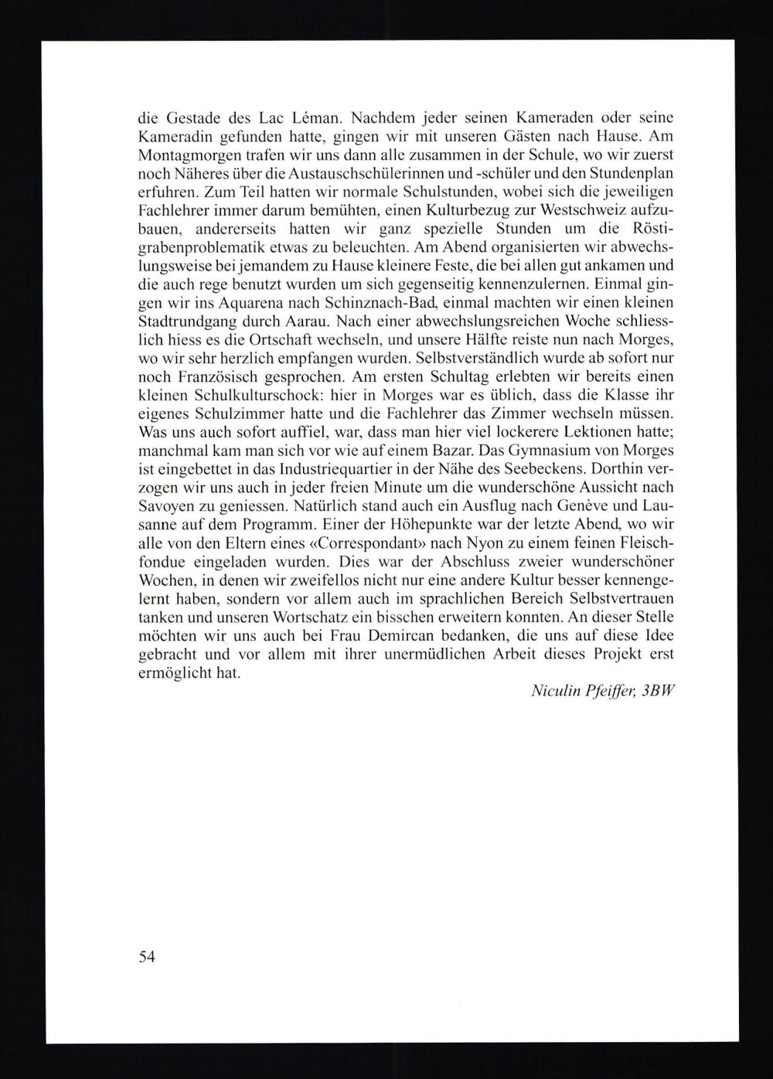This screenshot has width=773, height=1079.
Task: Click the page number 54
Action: (147, 957)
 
